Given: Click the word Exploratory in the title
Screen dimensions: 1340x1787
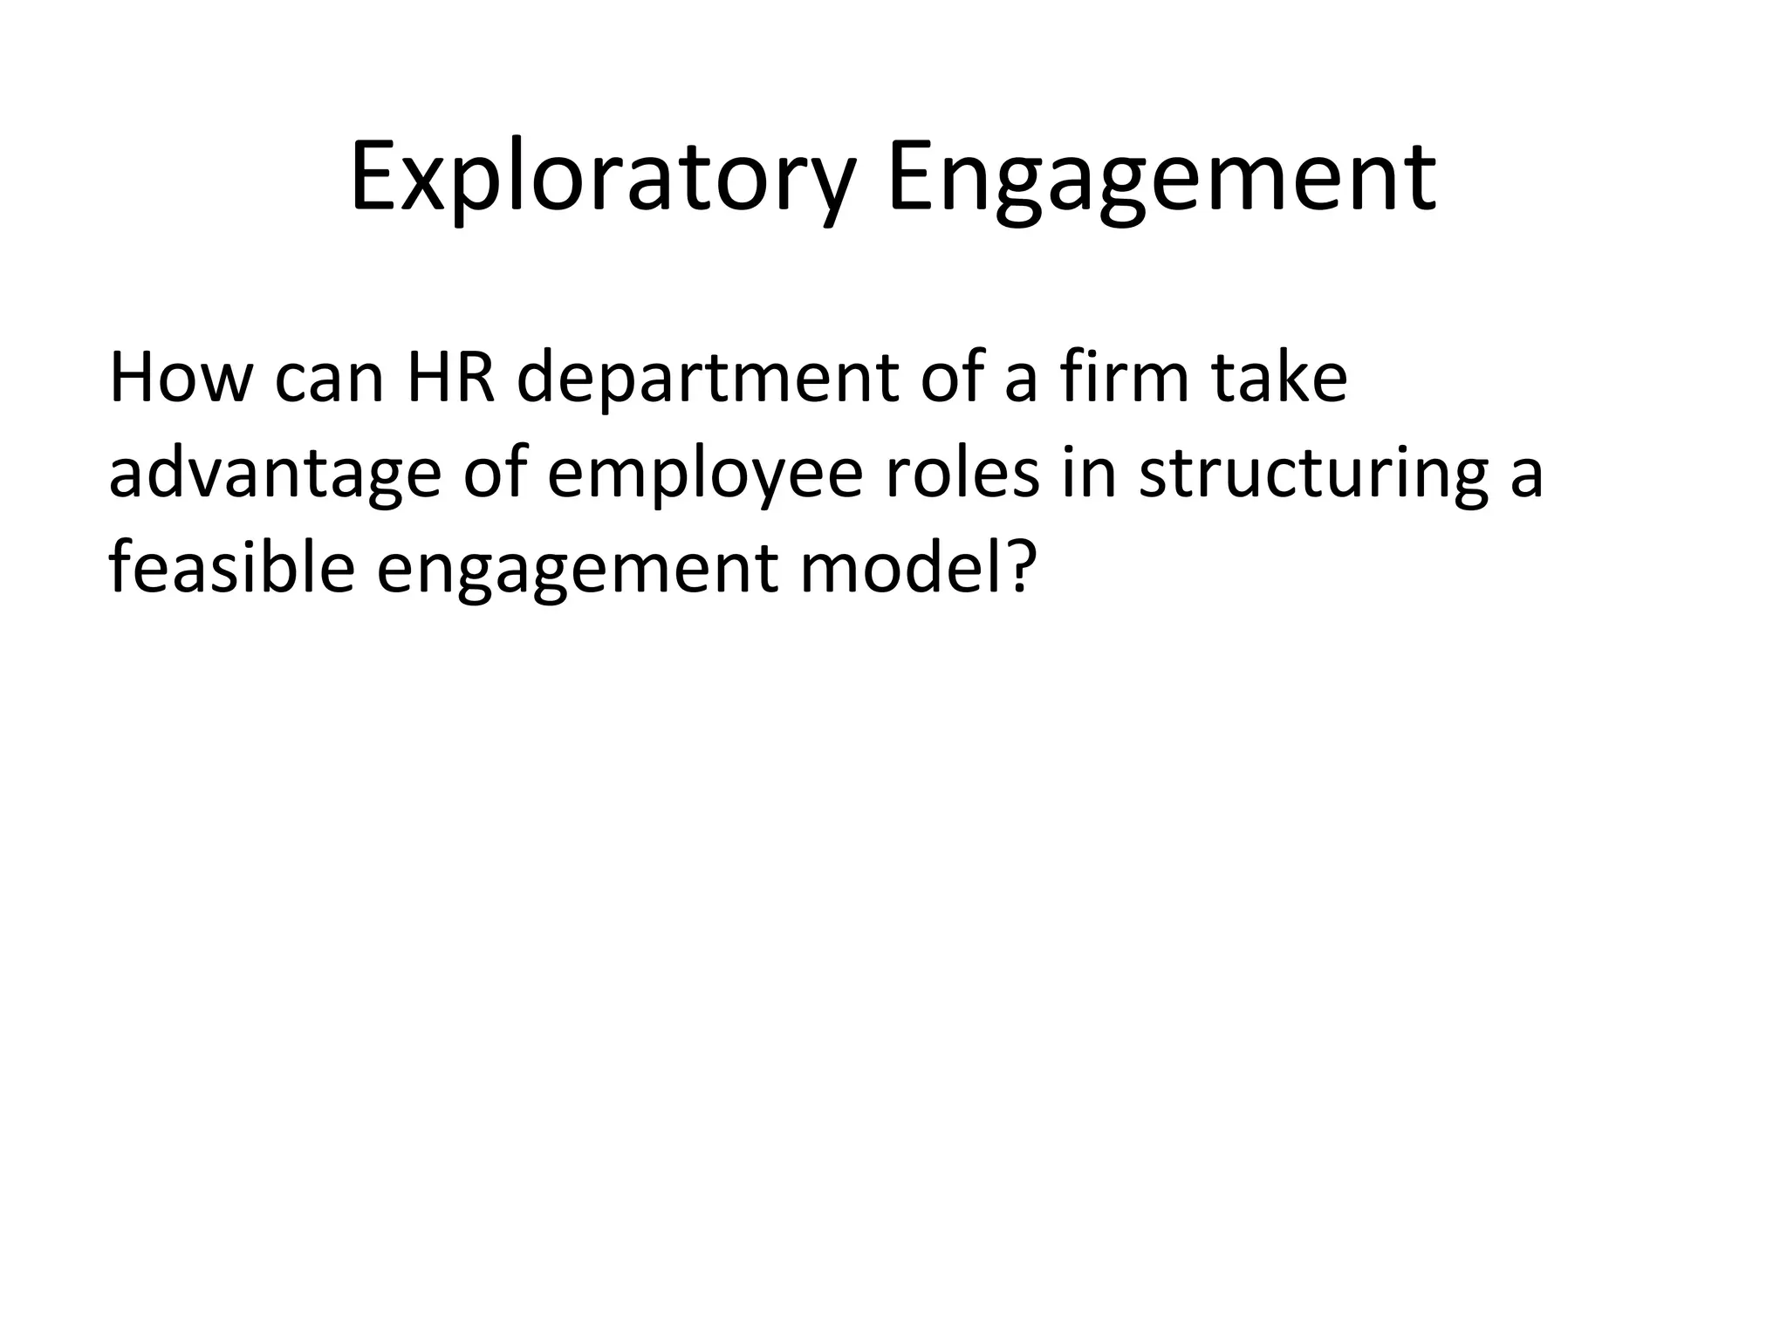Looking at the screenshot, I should pos(601,179).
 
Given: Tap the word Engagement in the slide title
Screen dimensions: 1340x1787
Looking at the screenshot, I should pos(1161,179).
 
